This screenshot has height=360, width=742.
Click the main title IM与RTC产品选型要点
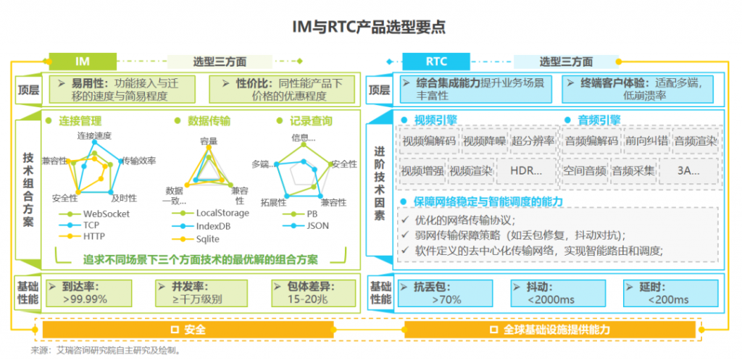369,27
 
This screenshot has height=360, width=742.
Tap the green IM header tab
83,62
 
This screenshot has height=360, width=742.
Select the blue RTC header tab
436,62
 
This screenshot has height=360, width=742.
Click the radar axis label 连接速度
95,135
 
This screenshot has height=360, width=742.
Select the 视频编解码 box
429,141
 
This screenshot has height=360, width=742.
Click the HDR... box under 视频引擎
526,171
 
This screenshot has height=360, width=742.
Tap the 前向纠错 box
646,141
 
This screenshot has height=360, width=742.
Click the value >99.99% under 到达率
85,299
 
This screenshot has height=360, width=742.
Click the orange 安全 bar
188,330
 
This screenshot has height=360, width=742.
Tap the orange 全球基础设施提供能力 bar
550,330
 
